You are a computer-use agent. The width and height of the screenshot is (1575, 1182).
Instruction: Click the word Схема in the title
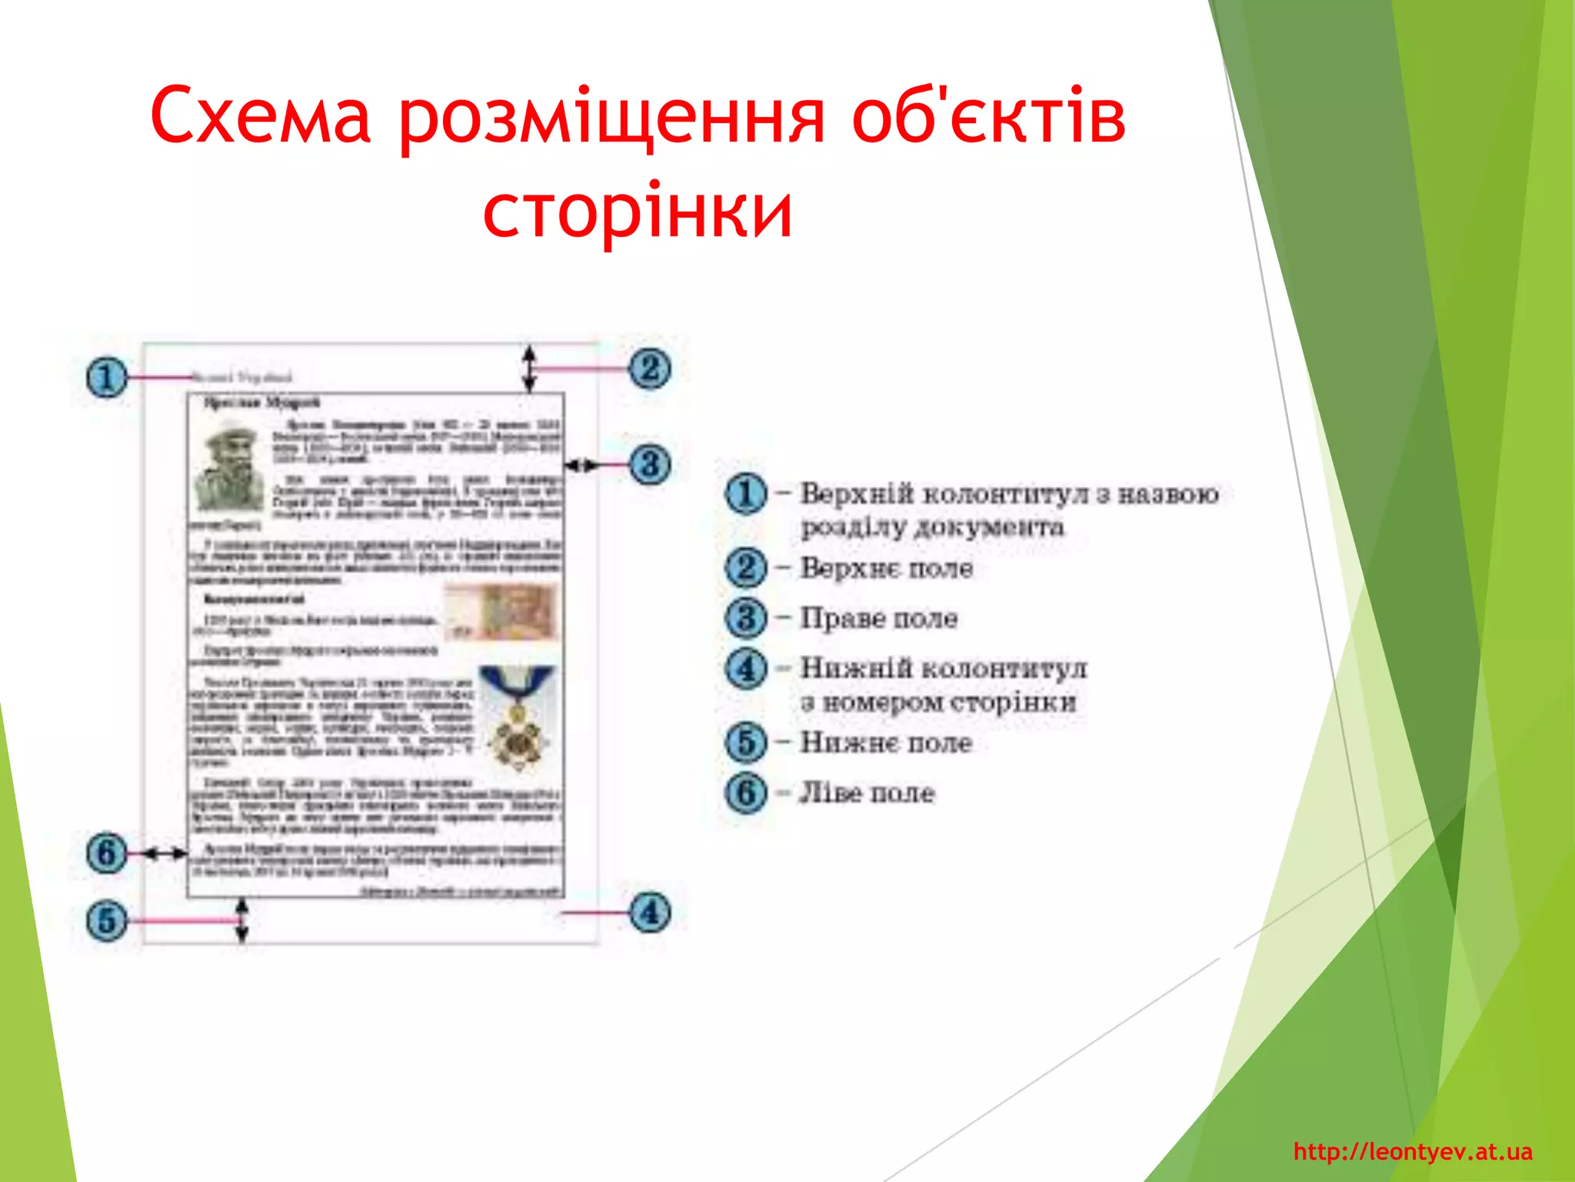[260, 115]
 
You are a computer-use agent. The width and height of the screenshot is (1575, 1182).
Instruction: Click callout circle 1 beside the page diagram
[106, 377]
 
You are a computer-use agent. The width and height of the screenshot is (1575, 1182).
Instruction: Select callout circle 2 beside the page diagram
[650, 369]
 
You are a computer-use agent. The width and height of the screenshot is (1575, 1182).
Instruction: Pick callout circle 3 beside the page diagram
[650, 465]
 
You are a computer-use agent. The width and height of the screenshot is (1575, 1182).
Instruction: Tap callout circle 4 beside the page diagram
[650, 913]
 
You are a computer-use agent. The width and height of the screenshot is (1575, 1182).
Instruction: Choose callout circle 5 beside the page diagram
[106, 920]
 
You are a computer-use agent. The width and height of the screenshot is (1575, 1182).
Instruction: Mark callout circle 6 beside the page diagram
[106, 853]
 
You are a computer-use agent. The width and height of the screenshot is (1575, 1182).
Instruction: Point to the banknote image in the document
[501, 613]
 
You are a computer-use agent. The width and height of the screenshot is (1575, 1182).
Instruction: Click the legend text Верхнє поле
[886, 568]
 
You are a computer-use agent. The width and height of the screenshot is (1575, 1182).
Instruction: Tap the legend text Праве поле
[878, 618]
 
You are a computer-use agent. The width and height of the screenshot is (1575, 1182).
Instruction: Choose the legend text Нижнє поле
[886, 743]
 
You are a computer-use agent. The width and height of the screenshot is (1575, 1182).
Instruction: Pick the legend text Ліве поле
[867, 793]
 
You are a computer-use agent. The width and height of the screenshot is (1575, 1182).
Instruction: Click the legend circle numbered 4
[746, 668]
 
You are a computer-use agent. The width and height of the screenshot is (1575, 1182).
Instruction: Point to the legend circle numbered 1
[746, 493]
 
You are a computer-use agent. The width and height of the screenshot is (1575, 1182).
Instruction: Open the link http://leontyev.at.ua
[1413, 1152]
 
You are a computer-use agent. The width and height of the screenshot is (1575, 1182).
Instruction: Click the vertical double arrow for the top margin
[529, 369]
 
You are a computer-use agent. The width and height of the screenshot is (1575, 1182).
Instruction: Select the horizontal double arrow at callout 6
[165, 853]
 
